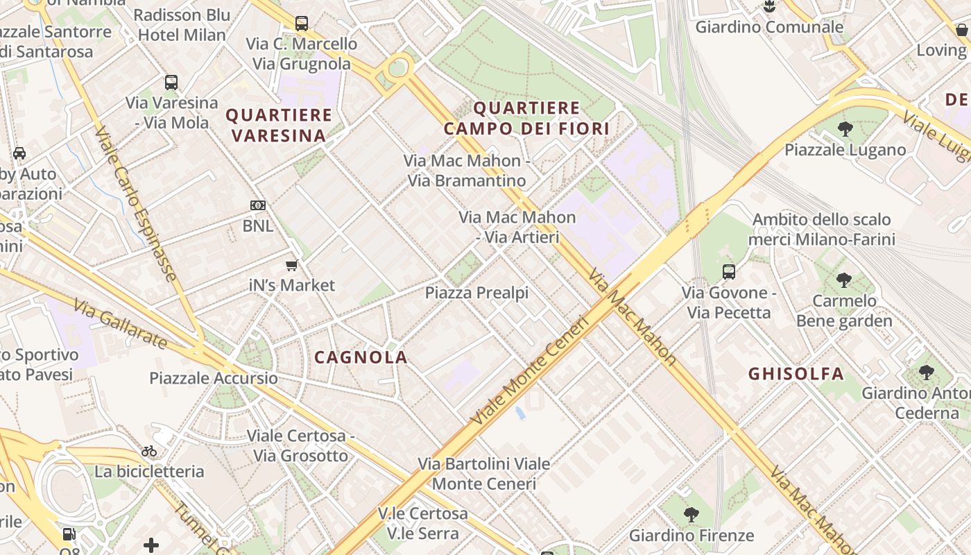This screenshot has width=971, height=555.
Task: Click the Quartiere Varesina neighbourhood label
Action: (x=279, y=125)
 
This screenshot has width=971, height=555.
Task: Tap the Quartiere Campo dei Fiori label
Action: (x=526, y=118)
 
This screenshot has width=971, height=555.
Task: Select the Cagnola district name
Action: (x=361, y=357)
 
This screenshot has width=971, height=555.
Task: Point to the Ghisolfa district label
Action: (x=796, y=374)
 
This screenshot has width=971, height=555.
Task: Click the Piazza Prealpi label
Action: (x=476, y=293)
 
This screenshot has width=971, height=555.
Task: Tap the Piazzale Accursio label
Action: (x=214, y=378)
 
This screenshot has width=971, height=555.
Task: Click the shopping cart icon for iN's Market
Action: (x=292, y=265)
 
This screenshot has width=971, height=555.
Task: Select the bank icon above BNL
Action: (x=258, y=205)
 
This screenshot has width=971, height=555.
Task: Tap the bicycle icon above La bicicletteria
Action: (x=149, y=451)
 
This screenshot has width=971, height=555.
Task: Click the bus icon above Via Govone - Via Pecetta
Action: (x=729, y=272)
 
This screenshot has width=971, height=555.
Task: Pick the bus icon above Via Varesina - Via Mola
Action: (x=171, y=83)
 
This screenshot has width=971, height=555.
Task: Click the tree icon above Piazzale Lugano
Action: (x=845, y=129)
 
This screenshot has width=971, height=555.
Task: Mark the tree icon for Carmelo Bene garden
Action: (x=844, y=280)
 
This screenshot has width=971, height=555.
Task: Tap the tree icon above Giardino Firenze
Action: (x=691, y=515)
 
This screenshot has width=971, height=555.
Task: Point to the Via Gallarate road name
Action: (x=120, y=324)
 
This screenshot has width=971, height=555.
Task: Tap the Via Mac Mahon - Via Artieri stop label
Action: (x=517, y=227)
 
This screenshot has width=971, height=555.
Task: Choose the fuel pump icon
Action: (x=69, y=534)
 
